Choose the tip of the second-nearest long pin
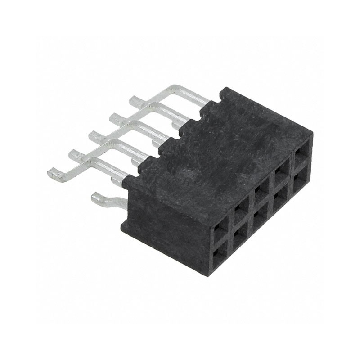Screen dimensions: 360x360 coord(73,154)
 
